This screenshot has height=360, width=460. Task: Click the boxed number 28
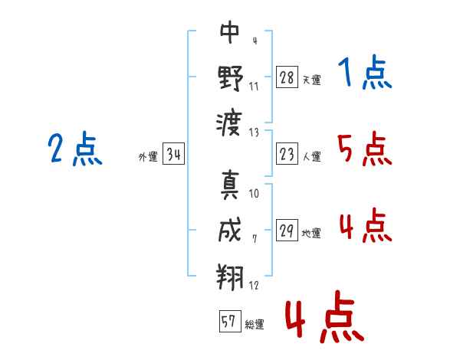[287, 77]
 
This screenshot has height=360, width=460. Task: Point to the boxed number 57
[228, 322]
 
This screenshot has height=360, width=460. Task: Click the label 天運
[311, 80]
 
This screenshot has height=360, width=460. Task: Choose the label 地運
[311, 233]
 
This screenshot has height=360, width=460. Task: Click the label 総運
[254, 324]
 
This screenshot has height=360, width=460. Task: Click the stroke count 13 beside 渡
[255, 132]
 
